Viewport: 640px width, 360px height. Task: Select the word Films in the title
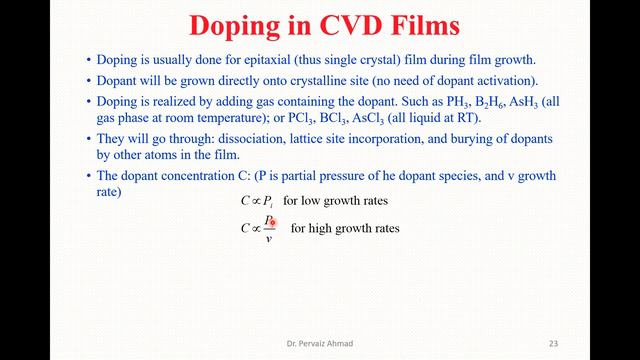[421, 23]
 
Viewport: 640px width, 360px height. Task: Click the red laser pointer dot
[271, 220]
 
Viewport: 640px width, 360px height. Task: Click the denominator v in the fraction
[268, 238]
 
